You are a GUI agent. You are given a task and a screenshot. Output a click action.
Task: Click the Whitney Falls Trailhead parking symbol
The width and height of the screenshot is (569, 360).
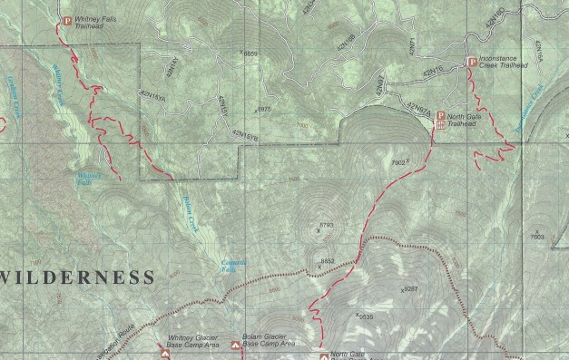coord(66,19)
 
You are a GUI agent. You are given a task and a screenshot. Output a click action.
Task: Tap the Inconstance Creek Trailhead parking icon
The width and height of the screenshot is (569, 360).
coord(471,62)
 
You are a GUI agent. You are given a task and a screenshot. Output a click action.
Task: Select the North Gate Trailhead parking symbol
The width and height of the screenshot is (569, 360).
coord(440,116)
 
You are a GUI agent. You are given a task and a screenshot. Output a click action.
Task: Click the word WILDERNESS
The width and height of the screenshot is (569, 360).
coord(76,276)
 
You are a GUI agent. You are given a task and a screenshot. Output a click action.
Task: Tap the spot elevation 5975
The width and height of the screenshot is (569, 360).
coord(264,109)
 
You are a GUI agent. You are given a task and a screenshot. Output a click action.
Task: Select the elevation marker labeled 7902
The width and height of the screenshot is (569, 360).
coord(398,162)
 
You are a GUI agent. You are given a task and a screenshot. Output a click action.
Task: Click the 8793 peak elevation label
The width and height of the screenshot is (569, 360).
coord(327,224)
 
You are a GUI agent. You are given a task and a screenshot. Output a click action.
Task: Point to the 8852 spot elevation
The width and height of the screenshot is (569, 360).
coord(328,261)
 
